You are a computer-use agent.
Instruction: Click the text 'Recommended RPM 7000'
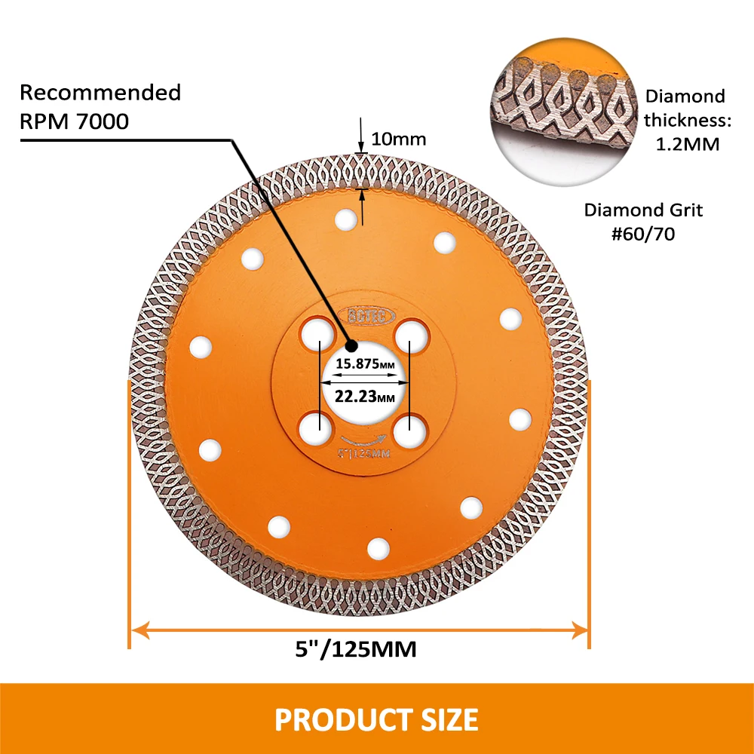click(100, 106)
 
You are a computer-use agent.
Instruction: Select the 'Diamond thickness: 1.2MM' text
click(685, 120)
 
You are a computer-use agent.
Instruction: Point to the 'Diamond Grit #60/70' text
click(643, 222)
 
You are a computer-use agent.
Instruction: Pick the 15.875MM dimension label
click(365, 363)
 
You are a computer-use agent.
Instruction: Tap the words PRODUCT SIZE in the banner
click(376, 719)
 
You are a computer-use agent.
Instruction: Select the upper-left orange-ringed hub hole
click(316, 333)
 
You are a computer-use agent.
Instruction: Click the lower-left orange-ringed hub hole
click(316, 430)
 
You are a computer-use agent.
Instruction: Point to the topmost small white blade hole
click(346, 219)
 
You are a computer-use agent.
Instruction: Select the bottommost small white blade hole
click(379, 548)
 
